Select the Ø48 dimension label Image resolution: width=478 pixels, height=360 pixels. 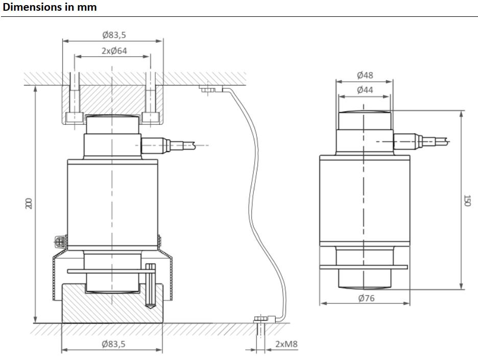coord(365,75)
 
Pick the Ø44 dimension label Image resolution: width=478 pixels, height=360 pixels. coord(365,90)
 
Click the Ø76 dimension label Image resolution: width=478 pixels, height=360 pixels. coord(366,298)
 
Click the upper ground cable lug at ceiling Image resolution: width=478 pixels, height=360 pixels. coord(210,90)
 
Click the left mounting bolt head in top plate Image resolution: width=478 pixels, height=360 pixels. coord(75,118)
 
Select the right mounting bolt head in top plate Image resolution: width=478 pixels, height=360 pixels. coord(150,118)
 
